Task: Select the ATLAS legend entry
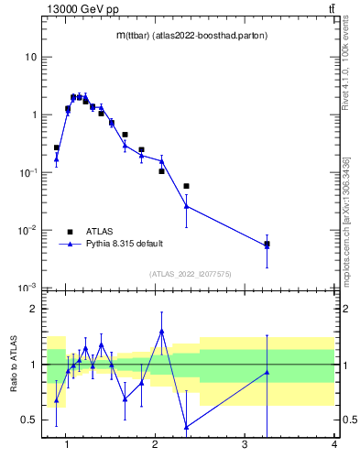tap(99, 232)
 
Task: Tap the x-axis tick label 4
tap(333, 445)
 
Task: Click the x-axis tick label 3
tap(245, 445)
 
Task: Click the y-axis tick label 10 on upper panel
tap(31, 57)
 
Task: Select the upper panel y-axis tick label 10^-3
tap(28, 288)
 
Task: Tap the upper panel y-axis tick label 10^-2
tap(28, 230)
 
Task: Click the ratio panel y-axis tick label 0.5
tap(30, 420)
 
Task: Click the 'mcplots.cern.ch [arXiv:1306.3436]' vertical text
tap(345, 207)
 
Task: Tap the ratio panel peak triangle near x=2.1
tap(161, 331)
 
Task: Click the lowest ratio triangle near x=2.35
tap(187, 427)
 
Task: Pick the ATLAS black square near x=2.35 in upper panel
tap(186, 186)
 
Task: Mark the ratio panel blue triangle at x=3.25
tap(267, 372)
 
